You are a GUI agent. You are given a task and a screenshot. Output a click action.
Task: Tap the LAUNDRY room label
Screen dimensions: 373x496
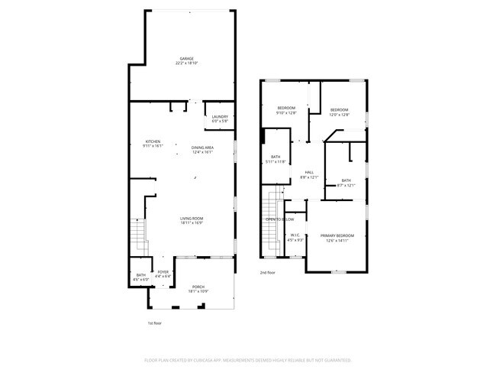[x=220, y=118]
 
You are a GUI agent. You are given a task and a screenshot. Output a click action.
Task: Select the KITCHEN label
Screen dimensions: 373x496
[x=153, y=142]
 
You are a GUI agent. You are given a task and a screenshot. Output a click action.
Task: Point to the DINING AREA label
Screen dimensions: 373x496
[x=202, y=149]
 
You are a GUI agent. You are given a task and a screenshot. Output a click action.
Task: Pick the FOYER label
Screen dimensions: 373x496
[x=163, y=274]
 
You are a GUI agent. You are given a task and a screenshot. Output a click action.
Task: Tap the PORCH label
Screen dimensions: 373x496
[x=198, y=289]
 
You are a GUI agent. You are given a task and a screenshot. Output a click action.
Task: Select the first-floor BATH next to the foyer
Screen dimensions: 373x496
[x=140, y=277]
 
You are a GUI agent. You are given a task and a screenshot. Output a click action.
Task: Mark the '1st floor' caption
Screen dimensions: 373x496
[x=154, y=323]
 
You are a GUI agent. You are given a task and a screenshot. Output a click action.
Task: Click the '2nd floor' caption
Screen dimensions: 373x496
[x=267, y=272]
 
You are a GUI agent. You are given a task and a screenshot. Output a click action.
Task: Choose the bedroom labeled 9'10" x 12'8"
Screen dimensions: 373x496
[x=286, y=110]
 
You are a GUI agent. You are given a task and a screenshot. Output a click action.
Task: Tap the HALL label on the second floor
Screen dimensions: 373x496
[x=309, y=174]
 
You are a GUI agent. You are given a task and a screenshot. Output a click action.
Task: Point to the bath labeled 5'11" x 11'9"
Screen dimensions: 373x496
[x=276, y=159]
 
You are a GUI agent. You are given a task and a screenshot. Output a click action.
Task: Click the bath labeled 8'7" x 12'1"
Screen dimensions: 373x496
[x=346, y=183]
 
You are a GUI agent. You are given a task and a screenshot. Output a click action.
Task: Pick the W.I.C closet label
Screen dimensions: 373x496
[x=295, y=237]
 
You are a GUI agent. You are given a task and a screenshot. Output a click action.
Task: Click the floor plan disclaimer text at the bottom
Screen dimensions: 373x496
[x=247, y=359]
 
